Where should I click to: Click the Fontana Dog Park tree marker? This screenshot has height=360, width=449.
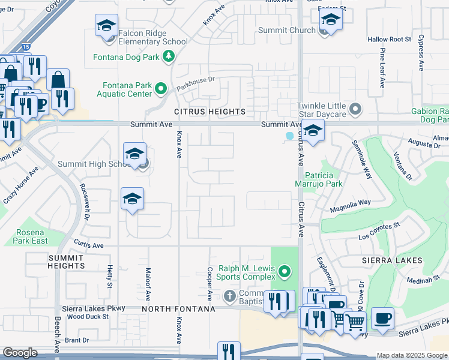[170, 57]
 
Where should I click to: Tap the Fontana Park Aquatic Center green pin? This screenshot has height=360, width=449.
[160, 89]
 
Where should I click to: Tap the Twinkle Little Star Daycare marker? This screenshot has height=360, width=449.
[356, 109]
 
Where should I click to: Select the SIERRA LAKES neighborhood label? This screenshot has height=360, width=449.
[392, 261]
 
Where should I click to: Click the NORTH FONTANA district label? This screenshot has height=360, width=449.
[178, 309]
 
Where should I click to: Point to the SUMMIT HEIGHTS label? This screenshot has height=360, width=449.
[66, 261]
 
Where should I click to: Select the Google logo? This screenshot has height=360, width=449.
[20, 353]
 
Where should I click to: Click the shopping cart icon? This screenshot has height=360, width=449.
[355, 323]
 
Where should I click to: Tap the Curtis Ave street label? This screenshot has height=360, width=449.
[89, 245]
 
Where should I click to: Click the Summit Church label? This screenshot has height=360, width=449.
[286, 30]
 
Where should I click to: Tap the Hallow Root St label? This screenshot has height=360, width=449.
[389, 40]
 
